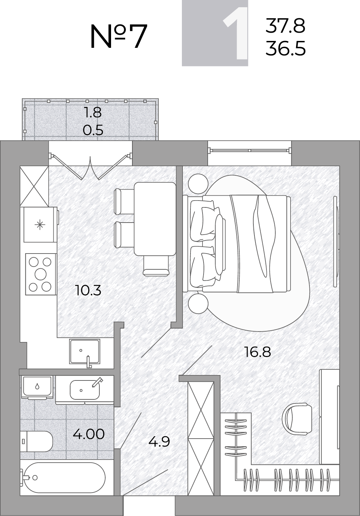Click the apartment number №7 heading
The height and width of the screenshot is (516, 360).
click(x=119, y=36)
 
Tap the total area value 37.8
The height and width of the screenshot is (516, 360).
click(x=285, y=25)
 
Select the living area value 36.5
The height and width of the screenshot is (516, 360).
click(x=285, y=48)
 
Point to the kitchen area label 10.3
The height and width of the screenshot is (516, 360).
click(x=88, y=290)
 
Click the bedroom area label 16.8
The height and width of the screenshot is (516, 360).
click(x=258, y=352)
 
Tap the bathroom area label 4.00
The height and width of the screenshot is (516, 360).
click(x=89, y=434)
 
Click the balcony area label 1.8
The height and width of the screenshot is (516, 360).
click(x=93, y=112)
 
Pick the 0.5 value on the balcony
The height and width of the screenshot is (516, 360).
click(x=93, y=130)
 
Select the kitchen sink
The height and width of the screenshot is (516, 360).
click(x=85, y=352)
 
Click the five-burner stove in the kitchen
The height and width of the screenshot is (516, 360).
click(x=41, y=274)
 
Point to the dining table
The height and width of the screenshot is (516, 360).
click(x=155, y=219)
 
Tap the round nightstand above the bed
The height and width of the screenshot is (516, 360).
click(x=198, y=184)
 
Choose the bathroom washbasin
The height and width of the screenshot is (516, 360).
click(x=85, y=390)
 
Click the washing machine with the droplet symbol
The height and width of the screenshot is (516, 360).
click(x=37, y=387)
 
